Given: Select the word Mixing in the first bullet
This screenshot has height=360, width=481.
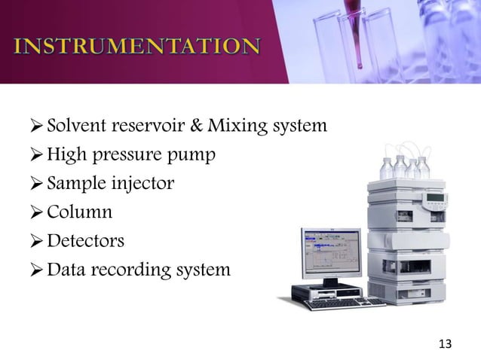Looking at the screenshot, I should click(x=234, y=124).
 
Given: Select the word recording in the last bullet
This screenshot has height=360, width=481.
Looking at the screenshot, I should click(x=133, y=270).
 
